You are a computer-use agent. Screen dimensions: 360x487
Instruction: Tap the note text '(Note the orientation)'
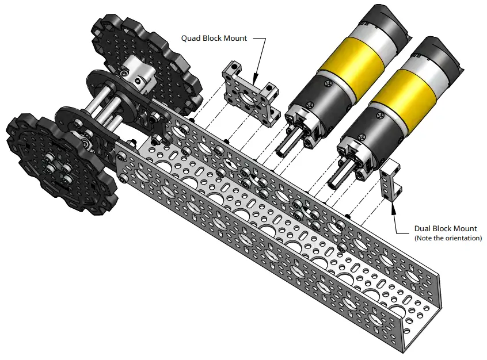click(448, 238)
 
